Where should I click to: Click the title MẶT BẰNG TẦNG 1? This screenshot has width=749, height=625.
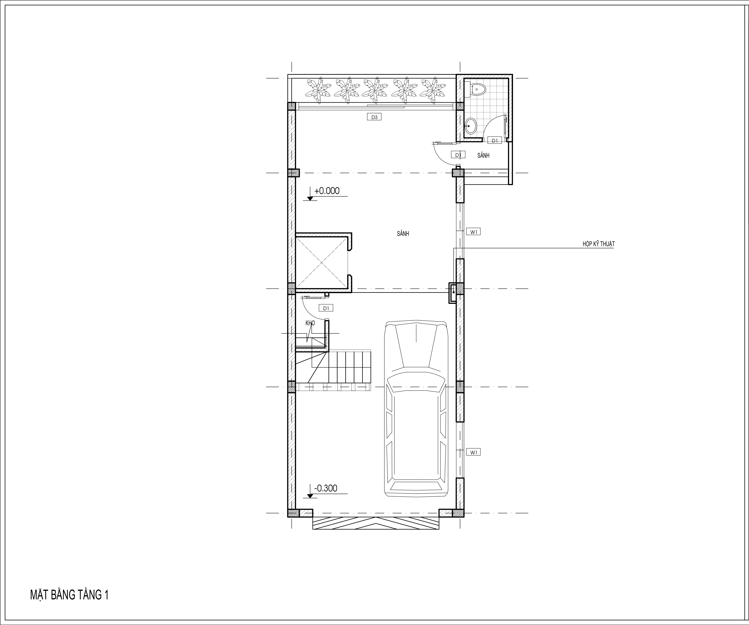[69, 595]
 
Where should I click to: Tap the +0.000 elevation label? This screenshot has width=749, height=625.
[327, 191]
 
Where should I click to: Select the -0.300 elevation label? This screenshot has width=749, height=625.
[326, 488]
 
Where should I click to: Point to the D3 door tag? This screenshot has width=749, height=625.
[374, 117]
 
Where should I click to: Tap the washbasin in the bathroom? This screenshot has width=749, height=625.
[471, 126]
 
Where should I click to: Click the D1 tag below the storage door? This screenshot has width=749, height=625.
[326, 308]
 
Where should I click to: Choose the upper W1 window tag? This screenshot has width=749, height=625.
[473, 232]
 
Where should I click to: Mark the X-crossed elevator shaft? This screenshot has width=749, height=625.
[322, 263]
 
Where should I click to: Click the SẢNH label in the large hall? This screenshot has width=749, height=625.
[403, 234]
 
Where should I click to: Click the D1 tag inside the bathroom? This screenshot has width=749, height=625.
[495, 141]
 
